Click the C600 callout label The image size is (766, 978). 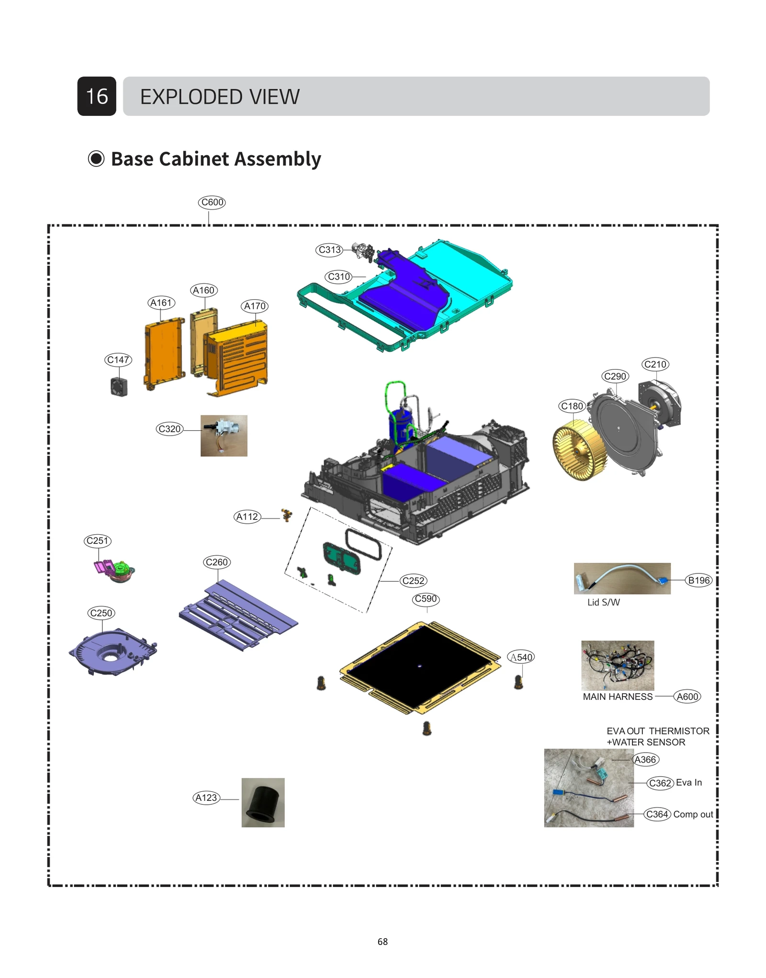pos(212,202)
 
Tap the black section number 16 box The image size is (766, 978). pos(97,96)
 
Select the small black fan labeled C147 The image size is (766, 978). pos(119,386)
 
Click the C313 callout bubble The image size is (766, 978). pos(329,250)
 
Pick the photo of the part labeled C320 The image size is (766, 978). pos(224,436)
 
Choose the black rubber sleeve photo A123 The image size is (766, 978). pos(263,803)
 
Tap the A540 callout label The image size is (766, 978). pos(521,657)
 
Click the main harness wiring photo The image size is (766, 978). pos(618,665)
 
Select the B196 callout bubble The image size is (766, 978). pos(699,580)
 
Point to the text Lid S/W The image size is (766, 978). pos(603,602)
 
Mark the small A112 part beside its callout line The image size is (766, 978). pos(287,515)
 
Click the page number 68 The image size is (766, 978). pos(383,942)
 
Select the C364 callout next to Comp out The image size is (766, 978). pos(657,814)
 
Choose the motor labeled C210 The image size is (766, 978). pos(659,404)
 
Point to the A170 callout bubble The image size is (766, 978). pos(255,306)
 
